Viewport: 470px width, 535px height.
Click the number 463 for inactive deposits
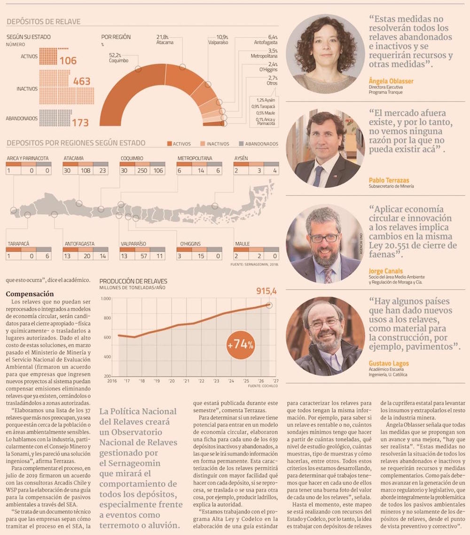(81, 81)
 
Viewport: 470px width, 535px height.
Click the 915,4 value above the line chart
(266, 291)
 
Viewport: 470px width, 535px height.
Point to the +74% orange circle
(241, 344)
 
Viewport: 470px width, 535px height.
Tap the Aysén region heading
(241, 158)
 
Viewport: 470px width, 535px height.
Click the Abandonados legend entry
(261, 144)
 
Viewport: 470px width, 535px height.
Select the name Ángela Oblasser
(391, 81)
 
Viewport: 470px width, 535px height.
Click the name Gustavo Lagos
(389, 363)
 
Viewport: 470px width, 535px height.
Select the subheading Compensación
(30, 294)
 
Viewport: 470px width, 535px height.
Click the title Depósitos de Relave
(43, 22)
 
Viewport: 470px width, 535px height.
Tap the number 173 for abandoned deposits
(80, 123)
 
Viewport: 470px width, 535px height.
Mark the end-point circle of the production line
(269, 305)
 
